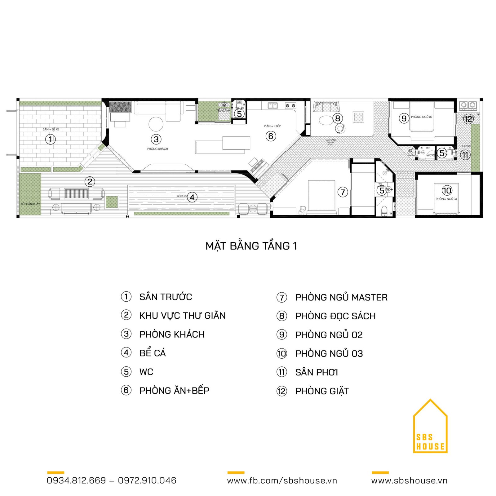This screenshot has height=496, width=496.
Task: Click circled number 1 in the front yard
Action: click(51, 139)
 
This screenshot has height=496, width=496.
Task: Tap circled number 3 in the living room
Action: click(156, 139)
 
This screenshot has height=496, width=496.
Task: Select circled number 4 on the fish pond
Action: click(192, 197)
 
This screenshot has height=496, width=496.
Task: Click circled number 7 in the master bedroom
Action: click(343, 192)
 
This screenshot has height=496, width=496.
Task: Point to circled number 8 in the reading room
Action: click(338, 118)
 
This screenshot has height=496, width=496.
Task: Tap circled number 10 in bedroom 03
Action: click(447, 190)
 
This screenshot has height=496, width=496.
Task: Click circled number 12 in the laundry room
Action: click(468, 119)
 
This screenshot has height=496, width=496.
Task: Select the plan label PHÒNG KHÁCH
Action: click(157, 149)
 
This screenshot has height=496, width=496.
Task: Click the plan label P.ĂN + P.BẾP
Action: click(272, 126)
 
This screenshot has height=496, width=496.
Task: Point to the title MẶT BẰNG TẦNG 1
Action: click(251, 246)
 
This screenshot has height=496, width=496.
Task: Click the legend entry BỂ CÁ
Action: click(153, 353)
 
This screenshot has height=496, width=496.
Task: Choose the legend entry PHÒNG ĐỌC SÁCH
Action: click(335, 316)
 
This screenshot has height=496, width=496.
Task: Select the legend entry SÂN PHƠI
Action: click(316, 372)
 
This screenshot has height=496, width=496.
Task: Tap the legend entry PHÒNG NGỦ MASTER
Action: click(341, 297)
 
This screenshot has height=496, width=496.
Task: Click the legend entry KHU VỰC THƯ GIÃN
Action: click(182, 316)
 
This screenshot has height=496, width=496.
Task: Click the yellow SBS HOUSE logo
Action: click(430, 428)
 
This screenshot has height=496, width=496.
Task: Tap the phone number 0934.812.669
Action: click(76, 480)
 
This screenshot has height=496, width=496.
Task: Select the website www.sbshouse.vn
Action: click(409, 480)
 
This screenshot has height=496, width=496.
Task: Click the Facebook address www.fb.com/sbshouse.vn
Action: click(282, 480)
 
